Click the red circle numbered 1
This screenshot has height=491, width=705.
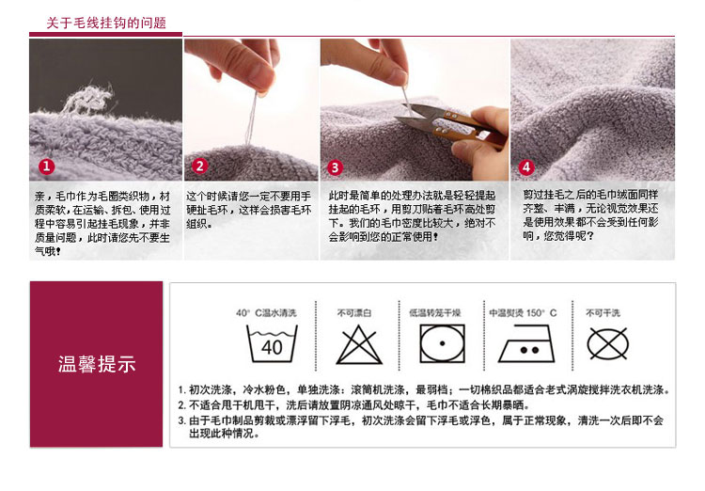coord(46,166)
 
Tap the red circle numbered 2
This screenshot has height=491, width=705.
coord(199,166)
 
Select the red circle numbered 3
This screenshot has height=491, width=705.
coord(335,167)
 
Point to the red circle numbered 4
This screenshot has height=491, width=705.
coord(526,167)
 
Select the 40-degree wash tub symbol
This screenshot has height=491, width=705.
coord(272,344)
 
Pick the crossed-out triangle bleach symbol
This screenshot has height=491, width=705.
coord(359,345)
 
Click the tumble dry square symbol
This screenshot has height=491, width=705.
coord(442,344)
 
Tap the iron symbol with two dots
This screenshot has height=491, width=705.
coord(526,344)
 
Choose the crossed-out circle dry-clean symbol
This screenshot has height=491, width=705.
coord(607,344)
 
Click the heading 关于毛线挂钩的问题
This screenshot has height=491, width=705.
coord(106,23)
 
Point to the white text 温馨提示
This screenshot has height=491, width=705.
coord(97,364)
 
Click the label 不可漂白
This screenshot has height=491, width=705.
coord(354,313)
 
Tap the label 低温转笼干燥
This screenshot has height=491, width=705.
coord(435,313)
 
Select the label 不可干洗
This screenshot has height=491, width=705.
coord(603,313)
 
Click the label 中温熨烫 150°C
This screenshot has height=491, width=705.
coord(523,313)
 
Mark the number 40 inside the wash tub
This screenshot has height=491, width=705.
coord(272,347)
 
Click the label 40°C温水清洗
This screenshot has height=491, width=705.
coord(266,313)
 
